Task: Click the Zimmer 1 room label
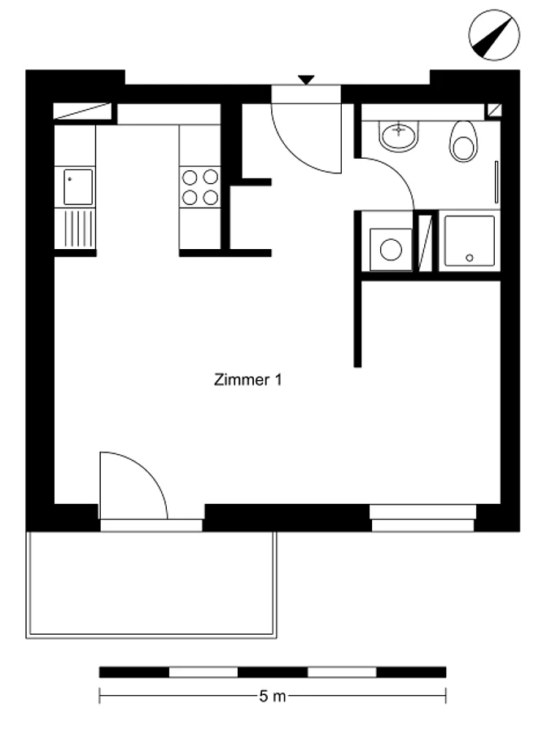pos(248,379)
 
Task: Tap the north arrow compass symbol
pos(494,35)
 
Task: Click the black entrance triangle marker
pos(306,80)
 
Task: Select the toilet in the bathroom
pos(463,142)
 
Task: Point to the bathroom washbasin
pos(399,136)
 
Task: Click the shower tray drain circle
pos(469,258)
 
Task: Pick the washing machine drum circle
pos(391,249)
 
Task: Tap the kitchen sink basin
pos(78,187)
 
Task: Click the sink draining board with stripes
pos(75,229)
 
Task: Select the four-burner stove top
pos(200,187)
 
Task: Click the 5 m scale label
pos(273,696)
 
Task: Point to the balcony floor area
pos(151,584)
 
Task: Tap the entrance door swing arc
pos(292,151)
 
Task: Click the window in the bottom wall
pos(422,518)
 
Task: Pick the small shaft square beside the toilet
pos(494,111)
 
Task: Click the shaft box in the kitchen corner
pos(82,112)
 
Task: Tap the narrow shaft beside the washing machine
pos(426,243)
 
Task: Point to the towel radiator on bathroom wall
pos(496,182)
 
